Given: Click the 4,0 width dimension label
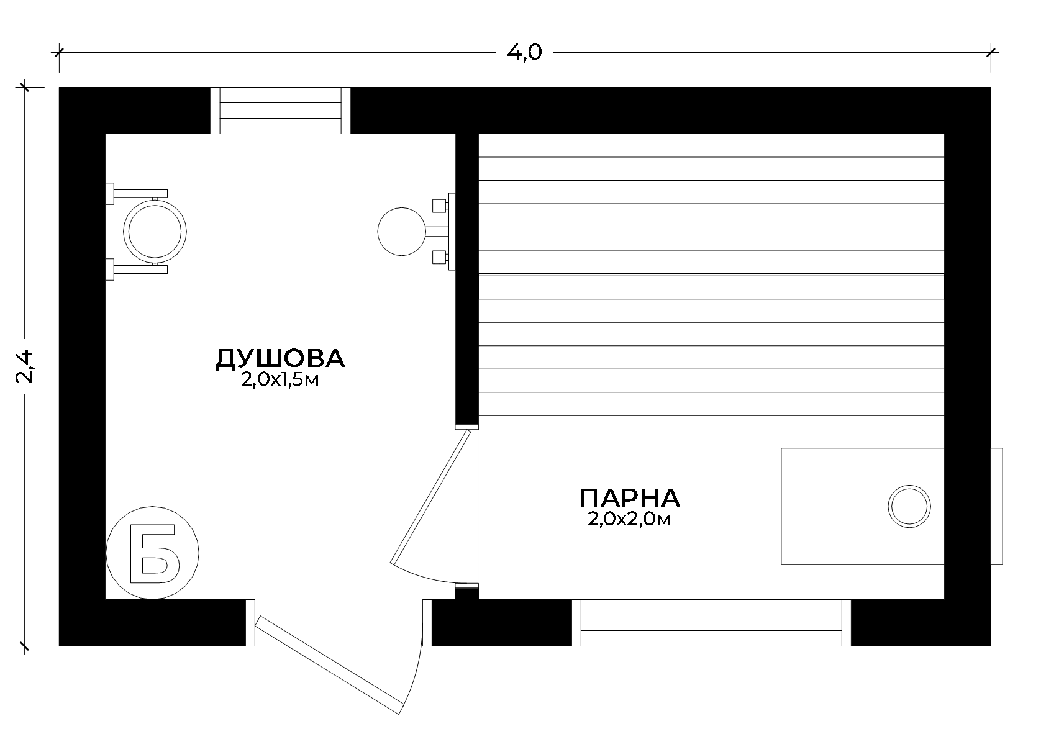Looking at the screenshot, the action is click(x=524, y=52).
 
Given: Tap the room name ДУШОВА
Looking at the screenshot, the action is click(x=280, y=358).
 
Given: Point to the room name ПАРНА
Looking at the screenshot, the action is click(x=629, y=498).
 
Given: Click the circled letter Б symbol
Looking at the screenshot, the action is click(x=153, y=553).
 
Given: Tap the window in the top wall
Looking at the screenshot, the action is click(x=280, y=111).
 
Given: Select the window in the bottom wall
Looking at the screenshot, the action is click(x=711, y=622).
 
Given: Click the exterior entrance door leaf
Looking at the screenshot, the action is click(x=329, y=665).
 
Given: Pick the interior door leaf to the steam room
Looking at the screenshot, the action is click(x=430, y=497).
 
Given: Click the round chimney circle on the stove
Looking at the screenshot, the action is click(x=909, y=507).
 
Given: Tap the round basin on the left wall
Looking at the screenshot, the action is click(x=155, y=232).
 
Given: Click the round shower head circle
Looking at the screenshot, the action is click(x=402, y=232).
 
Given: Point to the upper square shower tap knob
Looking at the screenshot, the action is click(x=439, y=206).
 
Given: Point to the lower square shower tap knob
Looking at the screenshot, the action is click(x=439, y=257).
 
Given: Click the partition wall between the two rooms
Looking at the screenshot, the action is click(x=467, y=279).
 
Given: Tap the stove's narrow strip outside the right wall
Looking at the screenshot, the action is click(x=996, y=506).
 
